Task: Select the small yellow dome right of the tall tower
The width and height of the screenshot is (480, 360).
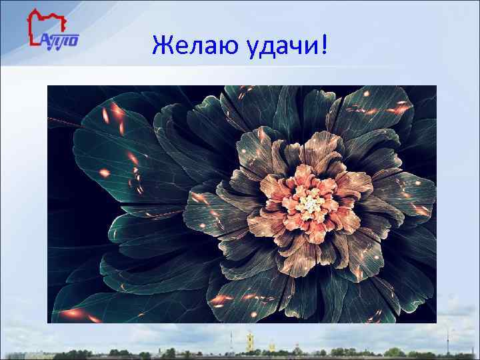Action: [x=271, y=345]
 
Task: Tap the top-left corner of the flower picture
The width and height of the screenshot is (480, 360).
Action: [x=49, y=86]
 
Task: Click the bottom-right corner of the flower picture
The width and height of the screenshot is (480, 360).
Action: [x=435, y=323]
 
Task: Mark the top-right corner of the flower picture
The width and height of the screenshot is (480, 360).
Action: [x=435, y=86]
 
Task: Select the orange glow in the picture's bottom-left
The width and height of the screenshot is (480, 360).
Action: [x=73, y=313]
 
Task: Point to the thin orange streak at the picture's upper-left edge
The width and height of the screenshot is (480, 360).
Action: [x=67, y=120]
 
